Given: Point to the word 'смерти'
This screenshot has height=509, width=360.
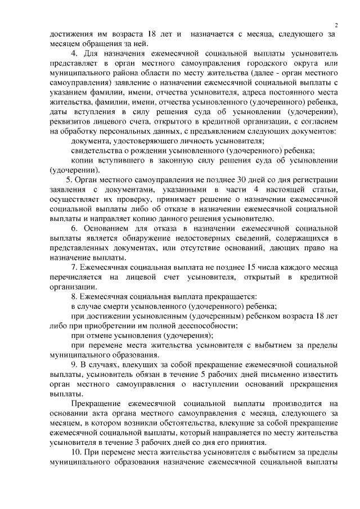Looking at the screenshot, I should click(x=119, y=306).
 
